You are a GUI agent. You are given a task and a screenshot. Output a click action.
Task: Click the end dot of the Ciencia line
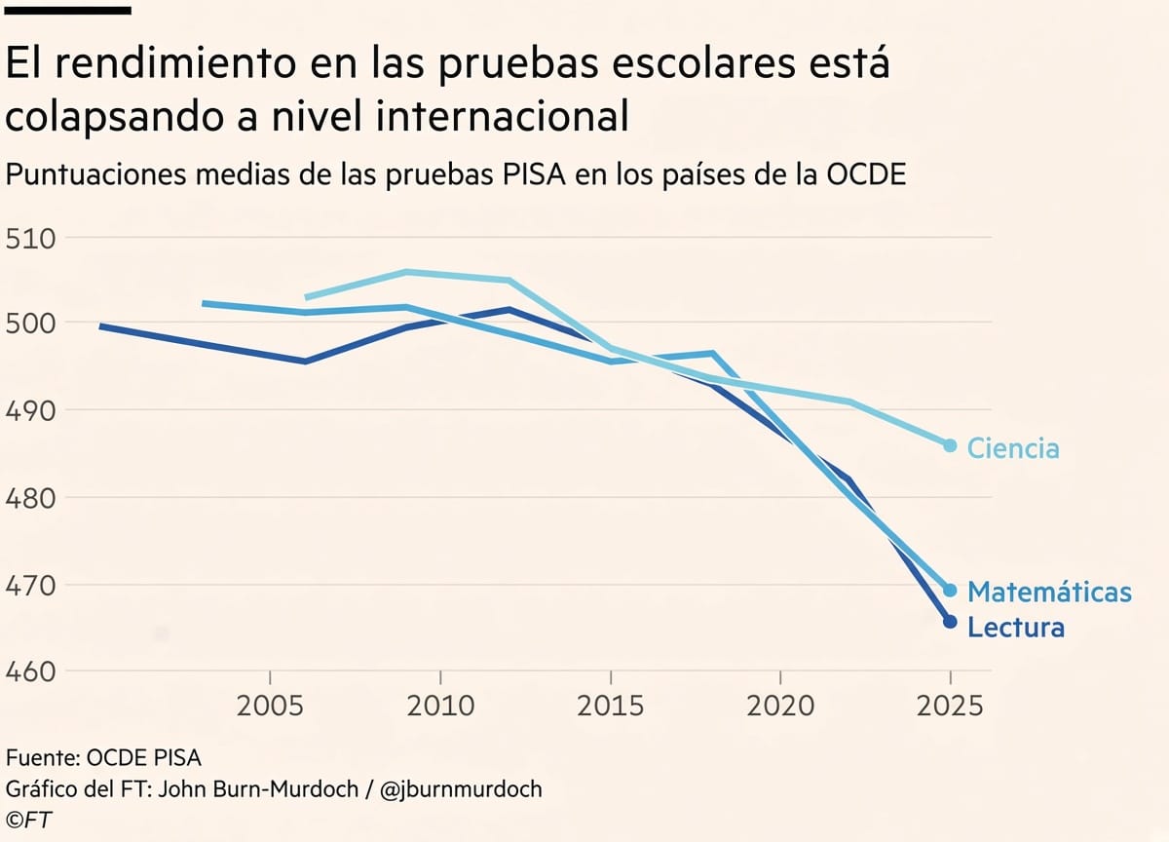point(951,445)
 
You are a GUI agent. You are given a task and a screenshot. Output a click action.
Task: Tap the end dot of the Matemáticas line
point(951,591)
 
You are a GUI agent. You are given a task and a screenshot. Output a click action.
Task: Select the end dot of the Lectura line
point(951,622)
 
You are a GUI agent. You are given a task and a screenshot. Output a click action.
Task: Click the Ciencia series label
point(1013,448)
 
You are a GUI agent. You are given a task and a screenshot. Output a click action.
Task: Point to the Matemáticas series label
point(1049,592)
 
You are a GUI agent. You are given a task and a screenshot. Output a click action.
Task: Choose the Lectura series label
point(1016,627)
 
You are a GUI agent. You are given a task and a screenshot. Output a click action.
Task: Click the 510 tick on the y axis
point(30,239)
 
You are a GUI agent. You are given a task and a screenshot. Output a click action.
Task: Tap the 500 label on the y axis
point(30,324)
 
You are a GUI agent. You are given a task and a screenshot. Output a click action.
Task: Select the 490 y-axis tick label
point(30,411)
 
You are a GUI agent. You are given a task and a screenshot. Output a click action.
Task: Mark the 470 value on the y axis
point(30,586)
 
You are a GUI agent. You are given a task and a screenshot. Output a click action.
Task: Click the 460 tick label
point(30,672)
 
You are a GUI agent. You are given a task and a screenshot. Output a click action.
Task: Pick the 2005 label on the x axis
point(270,707)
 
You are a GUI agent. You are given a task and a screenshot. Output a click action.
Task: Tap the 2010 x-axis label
point(440,707)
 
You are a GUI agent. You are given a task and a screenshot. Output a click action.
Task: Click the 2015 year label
point(611,707)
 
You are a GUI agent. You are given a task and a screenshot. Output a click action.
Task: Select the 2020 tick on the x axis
point(780,707)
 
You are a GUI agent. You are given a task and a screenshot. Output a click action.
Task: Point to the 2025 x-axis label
point(950,707)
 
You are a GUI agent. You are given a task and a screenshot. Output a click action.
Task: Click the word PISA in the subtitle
point(535,174)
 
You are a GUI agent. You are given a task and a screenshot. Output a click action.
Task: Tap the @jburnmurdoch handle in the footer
point(462,789)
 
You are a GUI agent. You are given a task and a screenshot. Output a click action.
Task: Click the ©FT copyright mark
point(28,821)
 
